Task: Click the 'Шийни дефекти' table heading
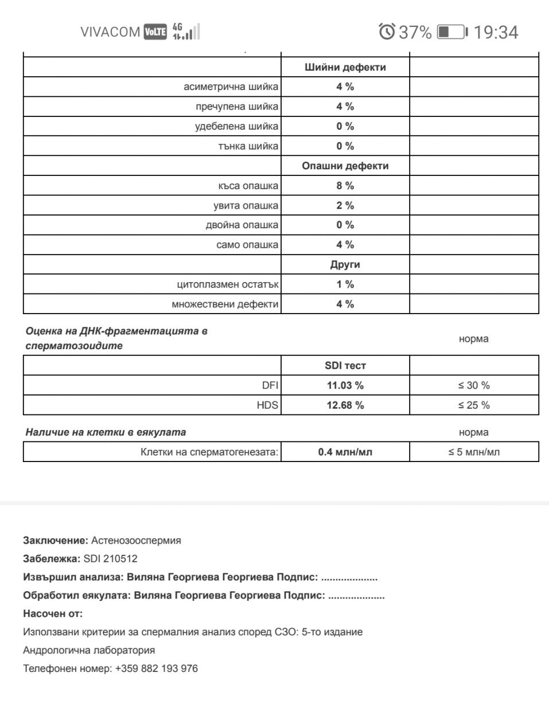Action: tap(345, 67)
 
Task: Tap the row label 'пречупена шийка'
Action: tap(237, 107)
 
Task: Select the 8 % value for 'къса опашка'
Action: tap(345, 186)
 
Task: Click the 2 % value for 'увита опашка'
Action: tap(345, 205)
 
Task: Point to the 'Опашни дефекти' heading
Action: tap(345, 166)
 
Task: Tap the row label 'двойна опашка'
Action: tap(242, 225)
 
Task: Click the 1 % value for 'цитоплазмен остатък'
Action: tap(345, 284)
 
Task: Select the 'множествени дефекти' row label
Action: tap(225, 304)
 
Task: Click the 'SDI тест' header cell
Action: tap(345, 366)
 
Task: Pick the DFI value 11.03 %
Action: tap(345, 385)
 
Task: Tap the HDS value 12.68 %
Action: tap(345, 405)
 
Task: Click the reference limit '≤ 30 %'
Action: tap(474, 385)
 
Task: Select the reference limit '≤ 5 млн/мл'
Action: tap(474, 452)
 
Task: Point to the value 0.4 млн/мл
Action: tap(345, 452)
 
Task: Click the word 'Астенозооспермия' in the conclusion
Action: tap(136, 541)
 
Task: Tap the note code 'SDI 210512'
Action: tap(110, 559)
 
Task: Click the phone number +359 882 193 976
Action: tap(156, 668)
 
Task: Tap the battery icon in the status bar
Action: tap(452, 32)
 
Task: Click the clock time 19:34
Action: tap(496, 32)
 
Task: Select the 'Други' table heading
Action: tap(345, 265)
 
